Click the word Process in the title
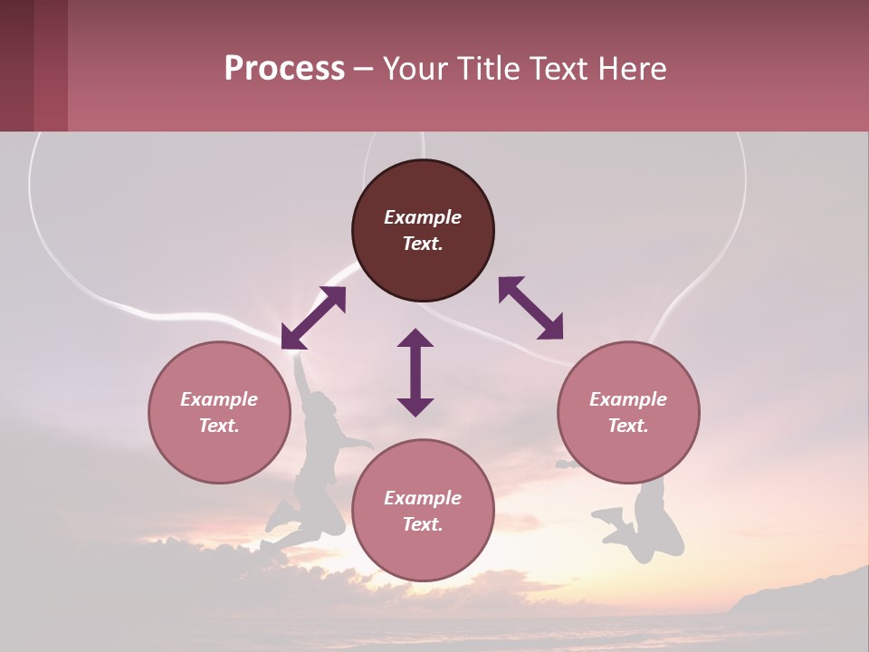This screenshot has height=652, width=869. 284,68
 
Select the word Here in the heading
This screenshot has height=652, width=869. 631,68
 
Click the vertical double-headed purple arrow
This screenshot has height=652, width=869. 415,372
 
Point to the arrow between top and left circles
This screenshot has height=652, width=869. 313,318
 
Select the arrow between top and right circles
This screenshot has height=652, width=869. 530,308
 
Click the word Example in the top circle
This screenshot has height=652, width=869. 423,217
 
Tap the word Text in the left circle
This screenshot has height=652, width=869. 219,426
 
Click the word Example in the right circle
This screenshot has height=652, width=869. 628,399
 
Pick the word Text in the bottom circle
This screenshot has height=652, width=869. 423,524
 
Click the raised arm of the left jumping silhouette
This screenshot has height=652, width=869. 301,375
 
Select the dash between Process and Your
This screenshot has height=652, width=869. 363,69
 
